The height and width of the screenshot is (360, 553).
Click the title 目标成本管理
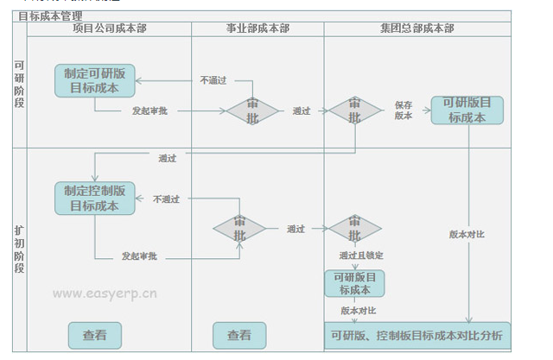coord(50,16)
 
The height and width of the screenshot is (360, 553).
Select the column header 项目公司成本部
coord(109,28)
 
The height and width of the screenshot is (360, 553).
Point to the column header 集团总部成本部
coord(417,28)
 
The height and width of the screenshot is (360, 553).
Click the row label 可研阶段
coord(19,85)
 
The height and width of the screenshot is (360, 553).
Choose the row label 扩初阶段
coord(19,249)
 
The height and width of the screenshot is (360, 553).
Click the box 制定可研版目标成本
coord(94,81)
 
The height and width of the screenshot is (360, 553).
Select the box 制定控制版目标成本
coord(94,199)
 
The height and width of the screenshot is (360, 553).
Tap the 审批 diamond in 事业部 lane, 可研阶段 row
coord(252,111)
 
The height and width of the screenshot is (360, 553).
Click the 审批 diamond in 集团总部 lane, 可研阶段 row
coord(354,111)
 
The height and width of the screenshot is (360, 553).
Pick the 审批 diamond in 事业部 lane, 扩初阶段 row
coord(239,229)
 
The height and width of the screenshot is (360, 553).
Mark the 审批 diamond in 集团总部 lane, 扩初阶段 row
coord(354,229)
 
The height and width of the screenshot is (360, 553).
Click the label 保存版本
coord(404,110)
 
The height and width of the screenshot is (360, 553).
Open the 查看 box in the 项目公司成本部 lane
coord(94,335)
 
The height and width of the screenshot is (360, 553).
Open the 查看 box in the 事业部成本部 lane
coord(239,335)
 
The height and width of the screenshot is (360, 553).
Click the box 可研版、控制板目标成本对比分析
coord(416,335)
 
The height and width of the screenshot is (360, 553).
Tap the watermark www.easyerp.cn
coord(105,293)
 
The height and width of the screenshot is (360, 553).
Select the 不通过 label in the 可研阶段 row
coord(213,80)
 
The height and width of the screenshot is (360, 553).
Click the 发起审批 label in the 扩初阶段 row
coord(138,256)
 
